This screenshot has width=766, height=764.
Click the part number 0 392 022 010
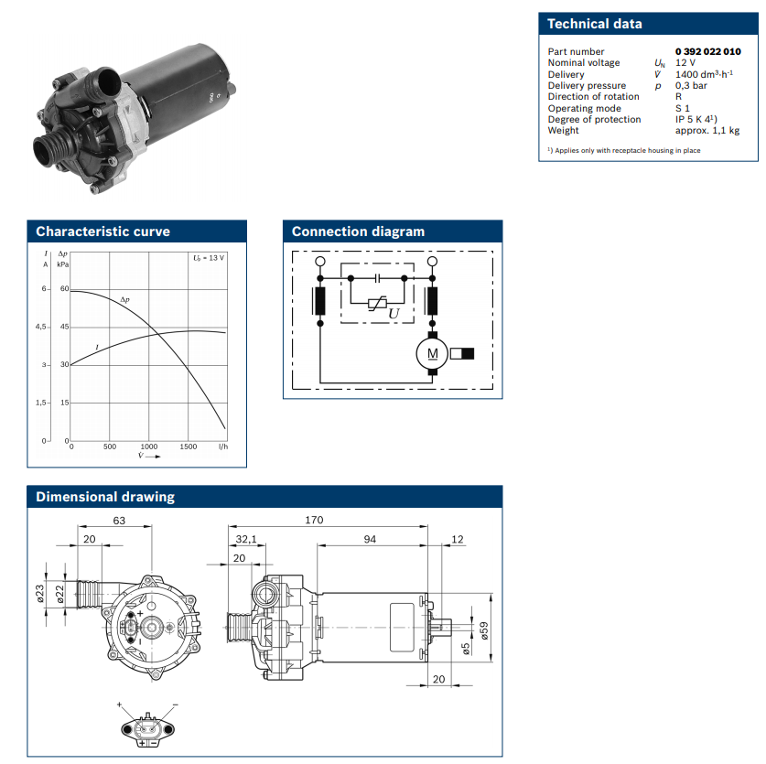click(x=707, y=52)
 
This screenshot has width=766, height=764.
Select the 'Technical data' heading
click(x=595, y=25)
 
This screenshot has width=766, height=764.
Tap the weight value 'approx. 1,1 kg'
click(x=707, y=131)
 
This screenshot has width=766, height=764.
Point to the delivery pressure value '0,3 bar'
click(x=691, y=86)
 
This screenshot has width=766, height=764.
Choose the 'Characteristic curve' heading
click(x=102, y=231)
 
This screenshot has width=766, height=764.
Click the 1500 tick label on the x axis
click(x=188, y=447)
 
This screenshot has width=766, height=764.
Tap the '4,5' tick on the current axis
click(x=40, y=327)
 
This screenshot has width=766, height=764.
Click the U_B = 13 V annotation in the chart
click(x=210, y=258)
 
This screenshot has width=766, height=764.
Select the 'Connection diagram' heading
click(x=358, y=231)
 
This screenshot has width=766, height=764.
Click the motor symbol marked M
click(x=432, y=352)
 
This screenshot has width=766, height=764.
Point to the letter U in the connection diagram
click(x=394, y=314)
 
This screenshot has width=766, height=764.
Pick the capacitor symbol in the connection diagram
click(x=376, y=274)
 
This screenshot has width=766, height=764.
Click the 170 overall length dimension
click(x=313, y=521)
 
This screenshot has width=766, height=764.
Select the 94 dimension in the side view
click(x=370, y=540)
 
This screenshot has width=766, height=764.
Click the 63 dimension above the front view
click(x=118, y=521)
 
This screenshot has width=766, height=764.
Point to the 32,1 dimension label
click(x=247, y=540)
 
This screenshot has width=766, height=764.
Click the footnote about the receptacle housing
click(x=625, y=150)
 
